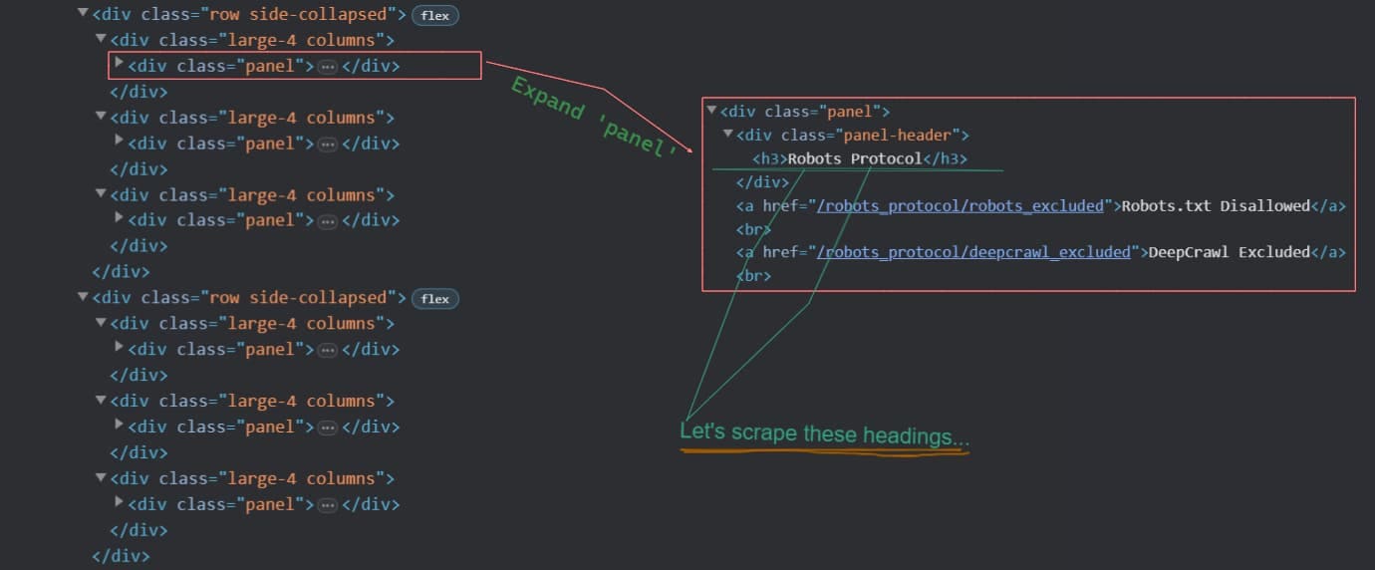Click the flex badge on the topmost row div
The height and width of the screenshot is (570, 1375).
point(434,16)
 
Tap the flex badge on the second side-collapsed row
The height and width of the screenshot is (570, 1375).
point(434,299)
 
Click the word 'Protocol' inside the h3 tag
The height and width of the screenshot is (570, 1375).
point(886,159)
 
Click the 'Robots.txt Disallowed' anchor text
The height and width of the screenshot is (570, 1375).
point(1215,206)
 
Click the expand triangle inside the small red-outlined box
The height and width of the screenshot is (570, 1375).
point(120,63)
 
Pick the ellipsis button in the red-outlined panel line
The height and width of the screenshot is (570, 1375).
point(328,67)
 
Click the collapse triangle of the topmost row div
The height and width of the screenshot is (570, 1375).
point(83,14)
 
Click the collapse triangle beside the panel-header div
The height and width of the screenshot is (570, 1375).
point(728,134)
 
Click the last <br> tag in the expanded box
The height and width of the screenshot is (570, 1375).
point(753,275)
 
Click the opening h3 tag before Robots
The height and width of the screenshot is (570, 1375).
point(769,159)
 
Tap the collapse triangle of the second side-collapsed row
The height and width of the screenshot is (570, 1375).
point(83,297)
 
